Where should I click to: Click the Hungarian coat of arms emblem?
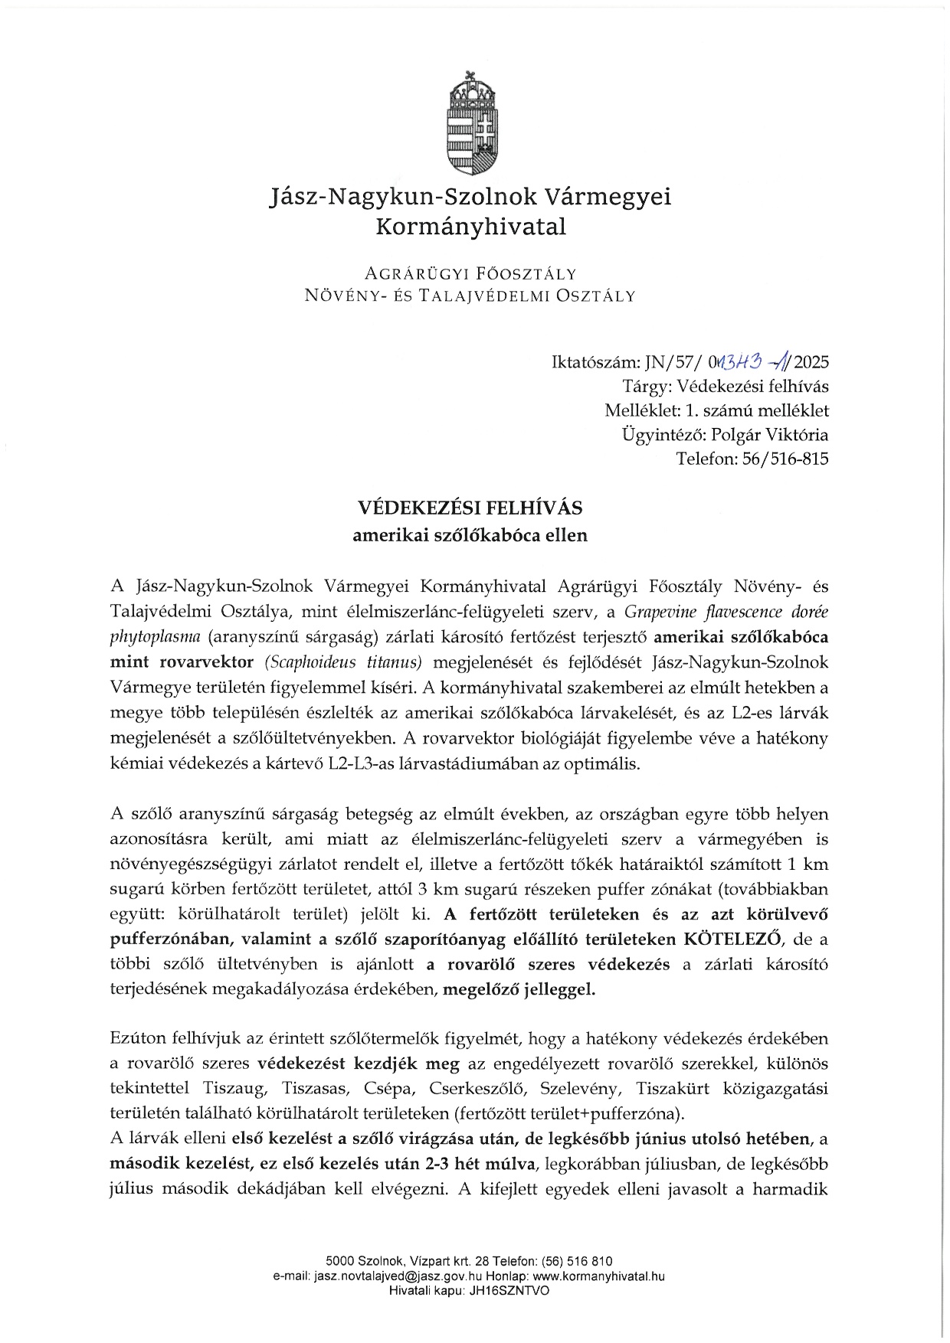tap(470, 123)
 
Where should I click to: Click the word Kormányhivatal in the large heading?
tap(470, 227)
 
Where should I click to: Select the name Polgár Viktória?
tap(770, 435)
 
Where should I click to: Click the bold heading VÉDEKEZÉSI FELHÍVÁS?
tap(470, 508)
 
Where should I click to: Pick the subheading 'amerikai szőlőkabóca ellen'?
tap(470, 535)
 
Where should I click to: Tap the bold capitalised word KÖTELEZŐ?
tap(735, 939)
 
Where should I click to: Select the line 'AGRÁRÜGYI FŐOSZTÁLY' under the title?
tap(470, 273)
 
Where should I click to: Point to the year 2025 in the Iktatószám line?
tap(812, 362)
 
